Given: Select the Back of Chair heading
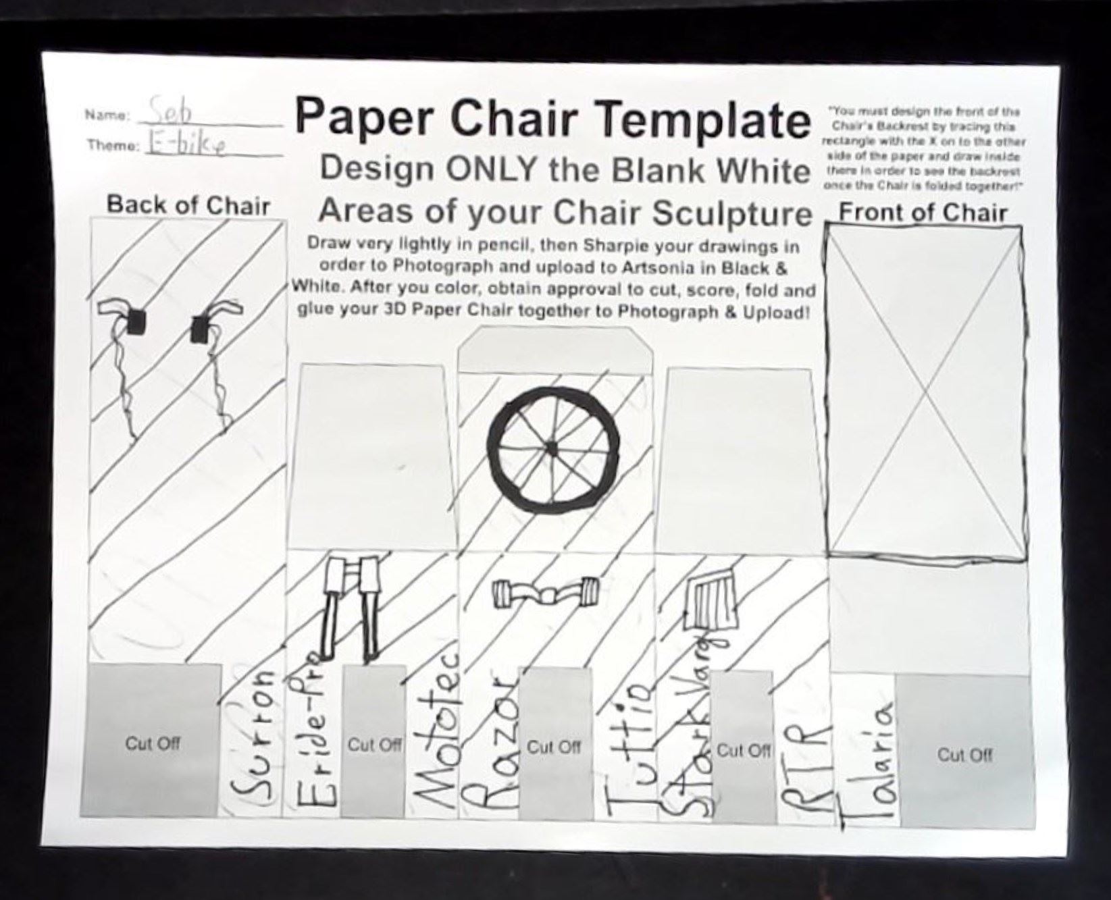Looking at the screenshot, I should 188,205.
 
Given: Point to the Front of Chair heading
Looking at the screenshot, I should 923,213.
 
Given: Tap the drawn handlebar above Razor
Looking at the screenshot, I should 545,593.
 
